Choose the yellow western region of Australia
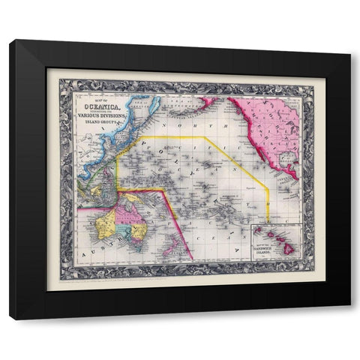point(105,222)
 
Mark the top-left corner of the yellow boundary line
point(135,137)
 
